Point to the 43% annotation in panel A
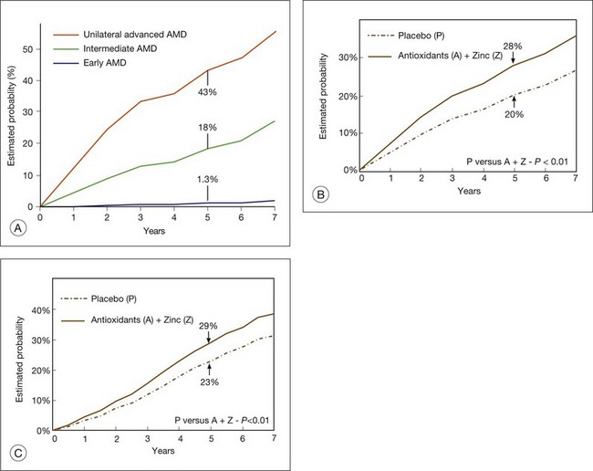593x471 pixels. pos(208,92)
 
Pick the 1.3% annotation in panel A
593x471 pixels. pos(208,179)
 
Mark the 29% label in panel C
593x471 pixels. pos(210,325)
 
